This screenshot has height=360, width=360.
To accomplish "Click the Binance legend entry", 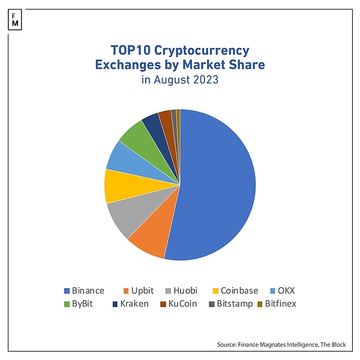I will [83, 290].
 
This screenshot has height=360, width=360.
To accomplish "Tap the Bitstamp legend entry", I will [230, 304].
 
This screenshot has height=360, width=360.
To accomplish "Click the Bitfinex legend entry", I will [276, 304].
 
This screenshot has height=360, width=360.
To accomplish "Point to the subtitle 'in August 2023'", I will [180, 79].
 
